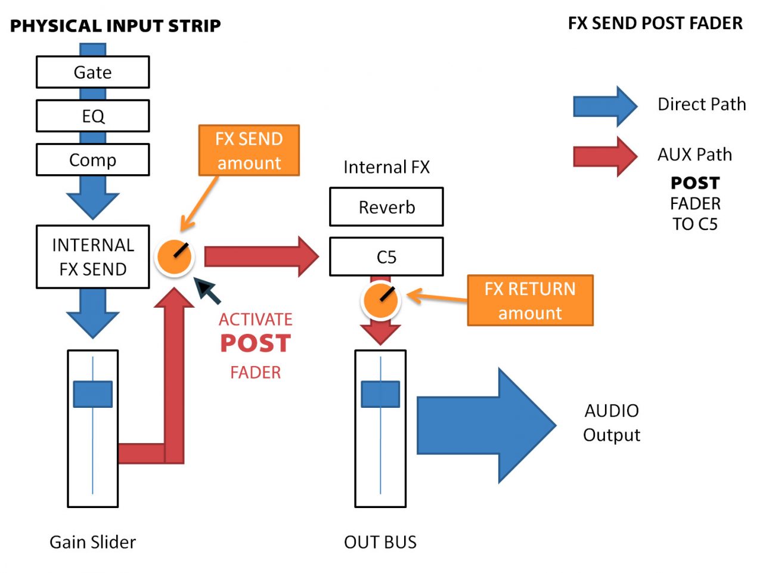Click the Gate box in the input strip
(x=92, y=72)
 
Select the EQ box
(x=92, y=116)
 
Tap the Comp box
(x=92, y=160)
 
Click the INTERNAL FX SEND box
(x=92, y=257)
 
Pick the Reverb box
(x=386, y=207)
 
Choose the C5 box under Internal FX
(x=386, y=257)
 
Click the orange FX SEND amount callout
(x=249, y=150)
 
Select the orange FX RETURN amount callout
(x=530, y=301)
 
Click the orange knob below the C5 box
(x=380, y=300)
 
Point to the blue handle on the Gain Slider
(x=92, y=394)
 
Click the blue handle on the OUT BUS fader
(x=380, y=394)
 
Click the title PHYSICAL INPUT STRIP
(x=116, y=26)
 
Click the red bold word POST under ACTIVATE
(x=255, y=343)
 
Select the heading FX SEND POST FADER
(x=655, y=23)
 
